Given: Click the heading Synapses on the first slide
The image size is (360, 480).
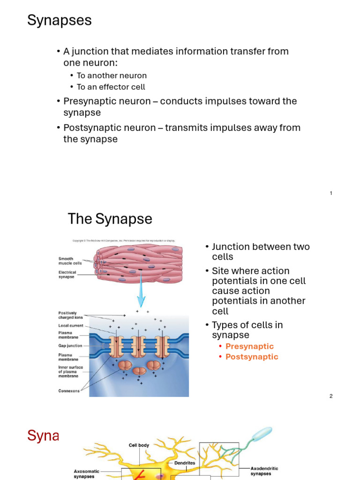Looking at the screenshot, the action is [59, 21].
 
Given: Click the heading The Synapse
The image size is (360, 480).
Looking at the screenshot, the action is [110, 219].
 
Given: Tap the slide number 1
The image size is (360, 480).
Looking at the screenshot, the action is [331, 193].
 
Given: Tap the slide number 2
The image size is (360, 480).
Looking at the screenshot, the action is [331, 396].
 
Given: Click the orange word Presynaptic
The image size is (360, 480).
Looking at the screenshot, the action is [249, 346].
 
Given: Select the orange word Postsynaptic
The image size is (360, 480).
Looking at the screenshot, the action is [252, 357].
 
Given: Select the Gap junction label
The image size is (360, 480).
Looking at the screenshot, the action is [70, 345].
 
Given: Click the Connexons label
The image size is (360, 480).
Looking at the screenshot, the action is [69, 391].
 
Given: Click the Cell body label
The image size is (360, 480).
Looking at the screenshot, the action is [139, 445].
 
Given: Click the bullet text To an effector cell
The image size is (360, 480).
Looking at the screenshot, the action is [111, 87].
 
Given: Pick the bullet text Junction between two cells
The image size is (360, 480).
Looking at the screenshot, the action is [261, 252].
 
